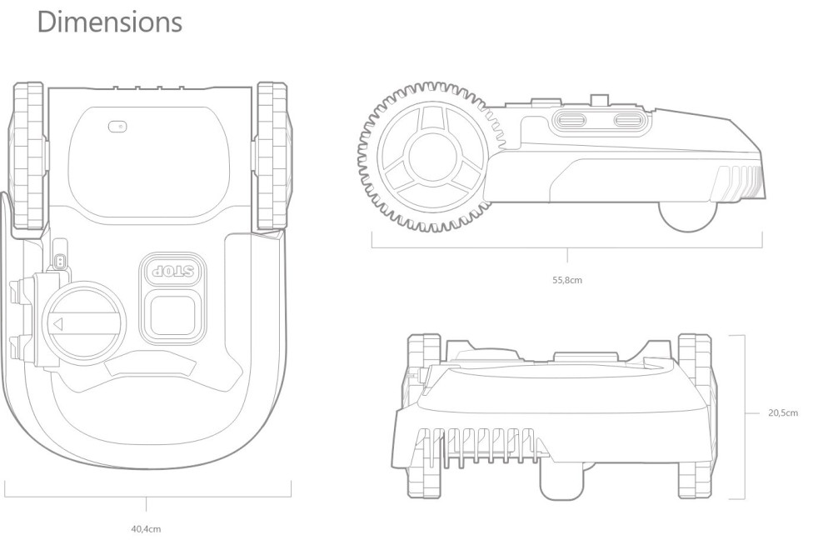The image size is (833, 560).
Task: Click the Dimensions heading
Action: (x=110, y=22)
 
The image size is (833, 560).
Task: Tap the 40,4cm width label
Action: (x=146, y=528)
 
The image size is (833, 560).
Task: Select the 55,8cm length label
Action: (x=567, y=280)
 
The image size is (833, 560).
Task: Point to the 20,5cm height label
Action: (x=783, y=412)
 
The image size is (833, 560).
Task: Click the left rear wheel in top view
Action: (x=28, y=155)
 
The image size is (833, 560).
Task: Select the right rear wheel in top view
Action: (x=272, y=155)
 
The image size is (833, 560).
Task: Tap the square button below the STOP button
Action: (x=172, y=315)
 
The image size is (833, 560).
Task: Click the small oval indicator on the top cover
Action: (x=117, y=127)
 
